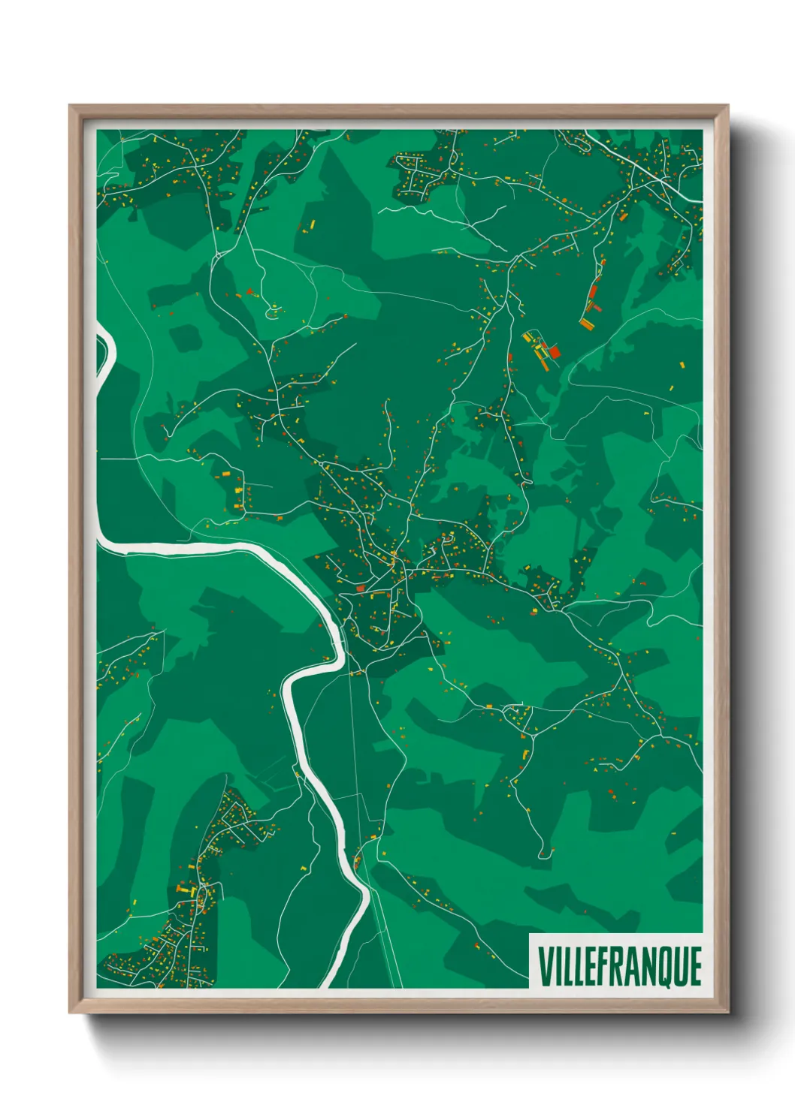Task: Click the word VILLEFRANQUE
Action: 619,966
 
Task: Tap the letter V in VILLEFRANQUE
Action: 545,966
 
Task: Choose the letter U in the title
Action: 678,966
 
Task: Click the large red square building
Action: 555,351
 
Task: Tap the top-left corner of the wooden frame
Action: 70,106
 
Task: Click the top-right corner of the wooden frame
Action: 727,106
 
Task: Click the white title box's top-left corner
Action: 530,934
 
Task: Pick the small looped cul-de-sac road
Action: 274,308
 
